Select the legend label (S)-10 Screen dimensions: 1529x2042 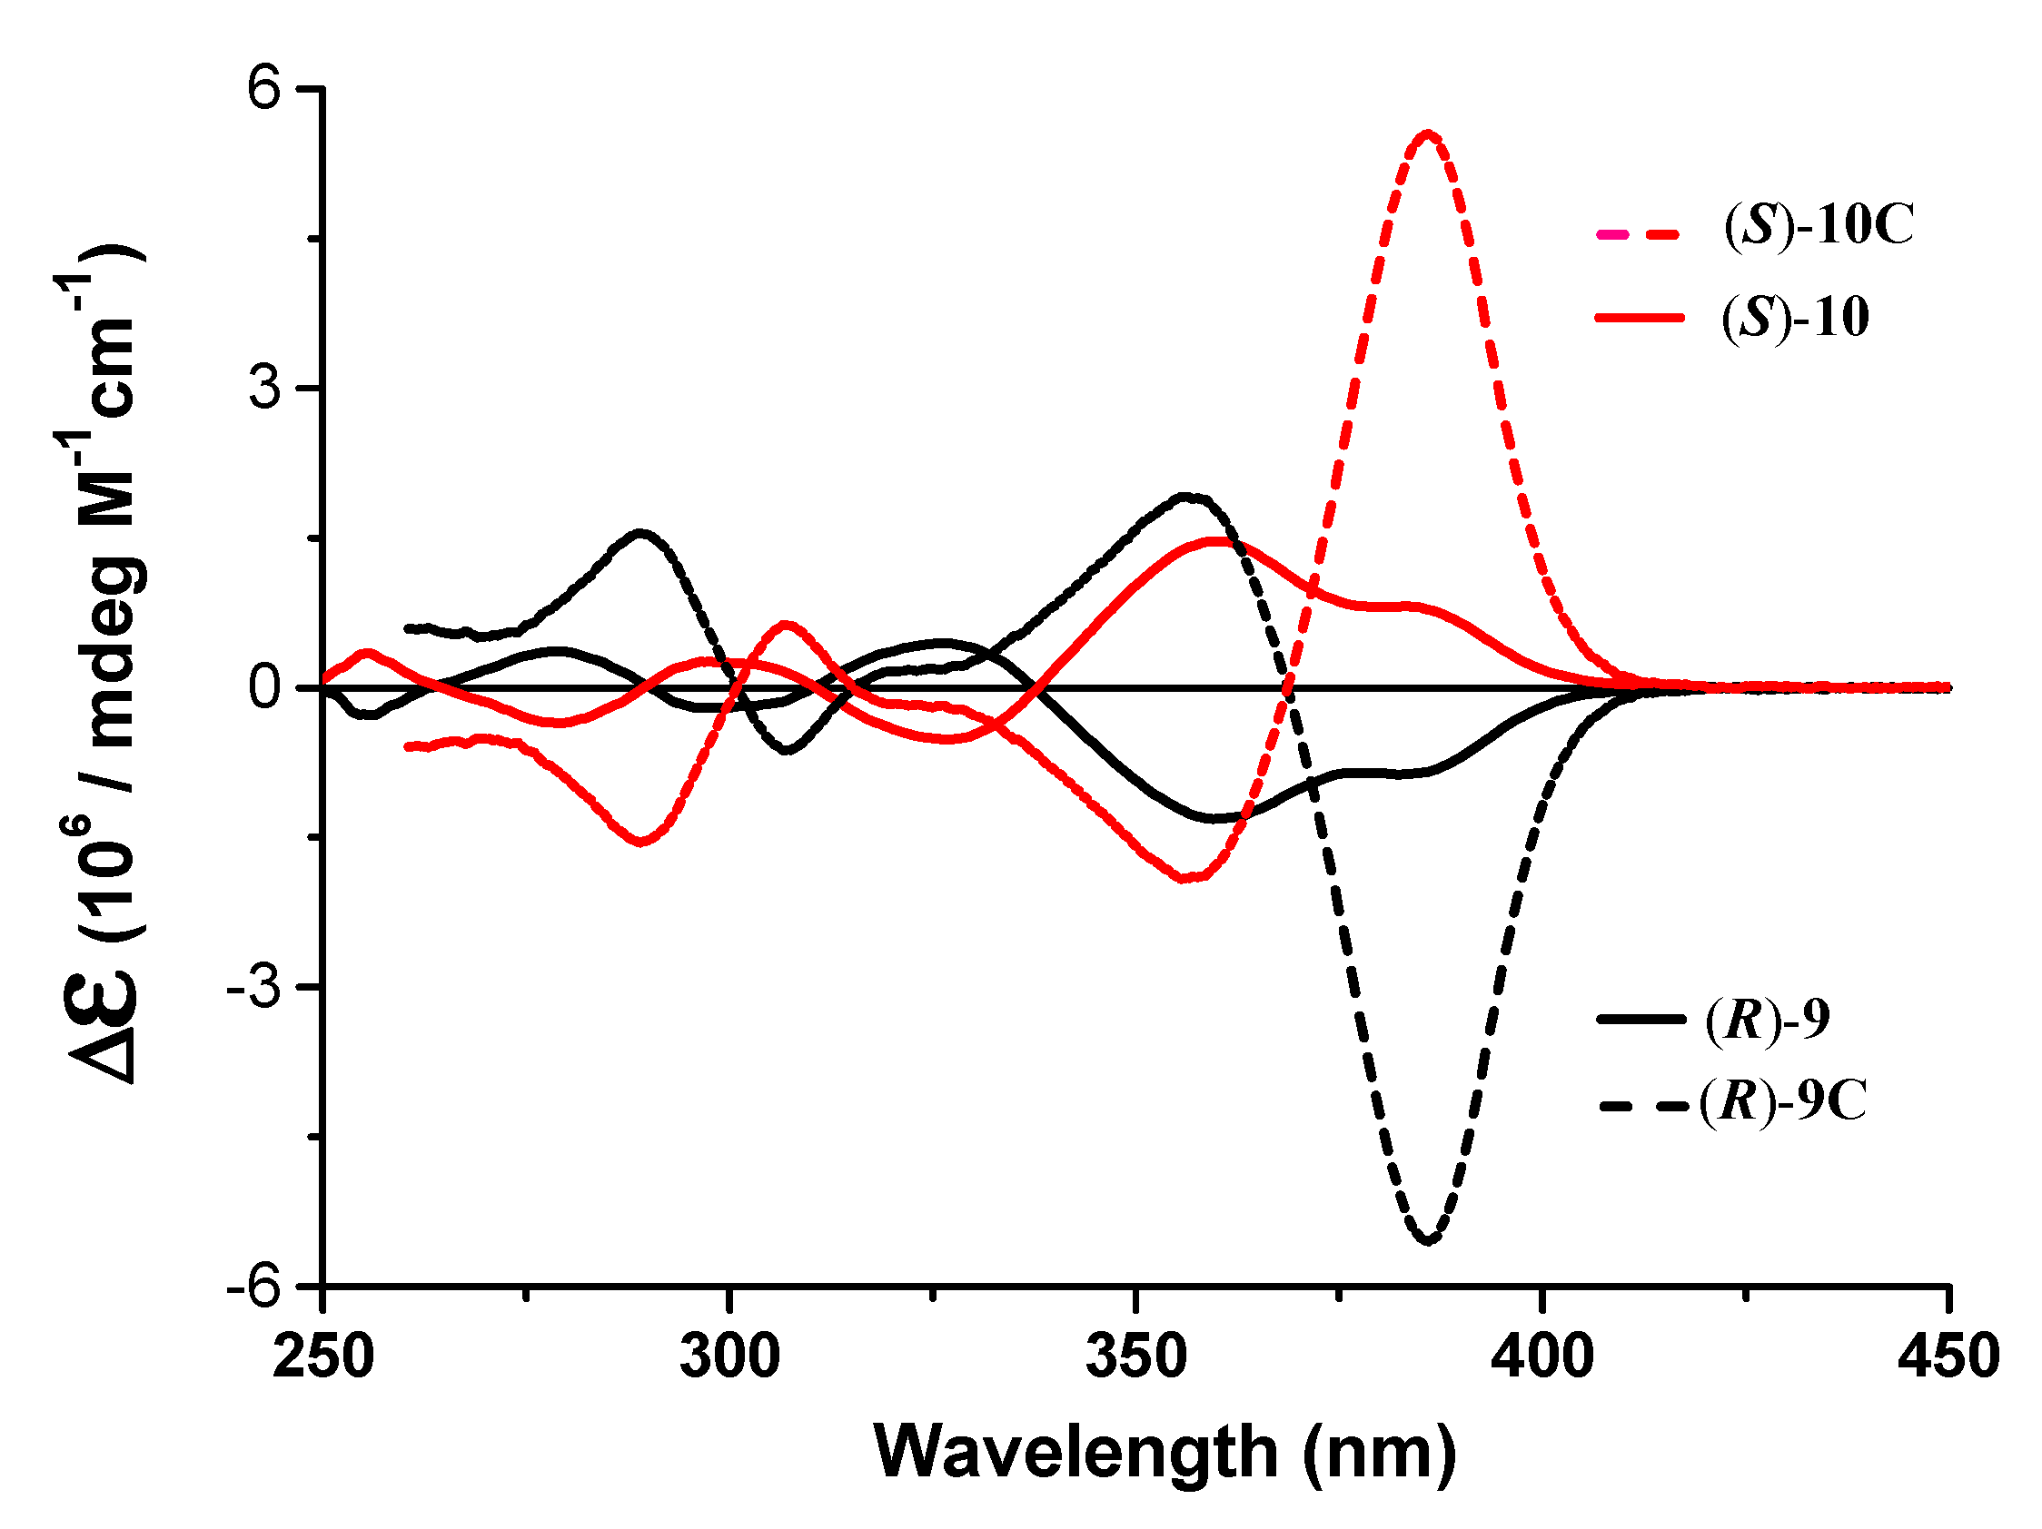pos(1795,319)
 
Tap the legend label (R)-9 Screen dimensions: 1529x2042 pos(1768,1020)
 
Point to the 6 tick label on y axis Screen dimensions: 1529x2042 pos(265,90)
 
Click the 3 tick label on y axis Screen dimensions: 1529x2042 pos(265,389)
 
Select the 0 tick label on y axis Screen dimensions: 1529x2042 pos(265,687)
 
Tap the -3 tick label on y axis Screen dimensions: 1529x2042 pos(253,987)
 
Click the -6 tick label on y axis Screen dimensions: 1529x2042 pos(253,1286)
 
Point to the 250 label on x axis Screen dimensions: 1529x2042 pos(323,1357)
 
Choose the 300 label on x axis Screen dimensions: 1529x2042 pos(729,1357)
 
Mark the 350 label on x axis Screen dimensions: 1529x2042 pos(1135,1357)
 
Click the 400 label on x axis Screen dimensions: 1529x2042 pos(1541,1357)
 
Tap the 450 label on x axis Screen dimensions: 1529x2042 pos(1948,1357)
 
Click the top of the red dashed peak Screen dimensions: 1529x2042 pos(1428,134)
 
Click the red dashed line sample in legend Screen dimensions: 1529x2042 pos(1641,233)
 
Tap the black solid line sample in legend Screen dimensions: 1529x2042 pos(1641,1020)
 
